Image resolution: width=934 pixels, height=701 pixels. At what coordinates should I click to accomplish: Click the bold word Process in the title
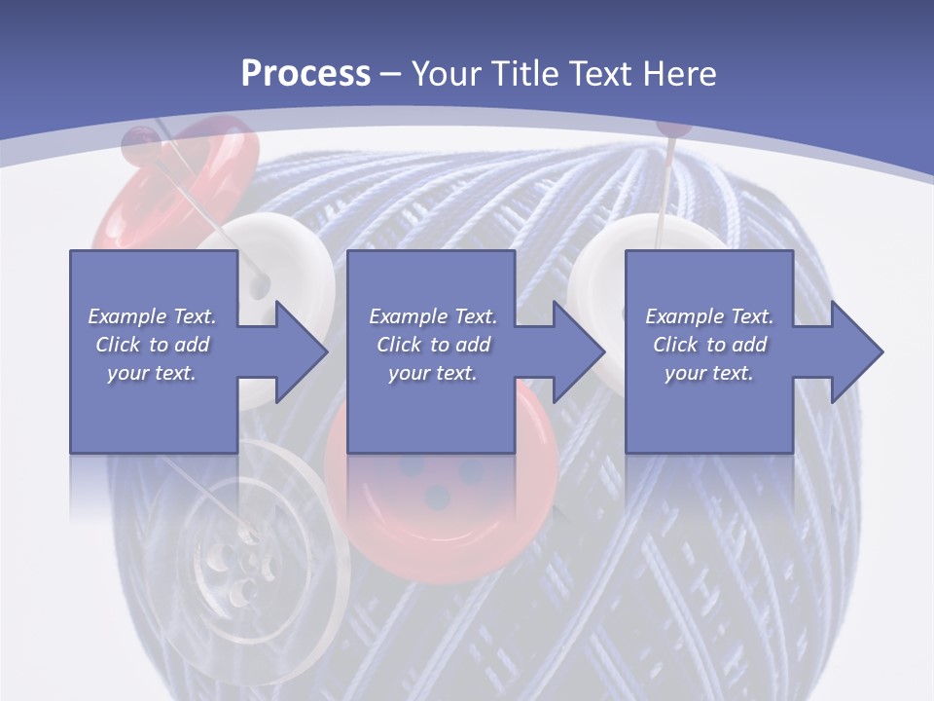pos(305,73)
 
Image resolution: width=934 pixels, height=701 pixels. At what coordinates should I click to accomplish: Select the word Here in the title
pos(677,73)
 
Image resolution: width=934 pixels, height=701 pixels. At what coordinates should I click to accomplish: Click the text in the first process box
pos(153,345)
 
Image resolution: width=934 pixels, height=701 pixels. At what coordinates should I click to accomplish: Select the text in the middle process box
pos(433,345)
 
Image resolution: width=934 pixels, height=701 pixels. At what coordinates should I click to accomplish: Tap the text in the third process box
pos(709,345)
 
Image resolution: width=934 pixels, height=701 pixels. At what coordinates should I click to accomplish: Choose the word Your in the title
pos(446,73)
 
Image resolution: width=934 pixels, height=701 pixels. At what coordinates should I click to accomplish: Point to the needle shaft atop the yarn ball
pos(665,185)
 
